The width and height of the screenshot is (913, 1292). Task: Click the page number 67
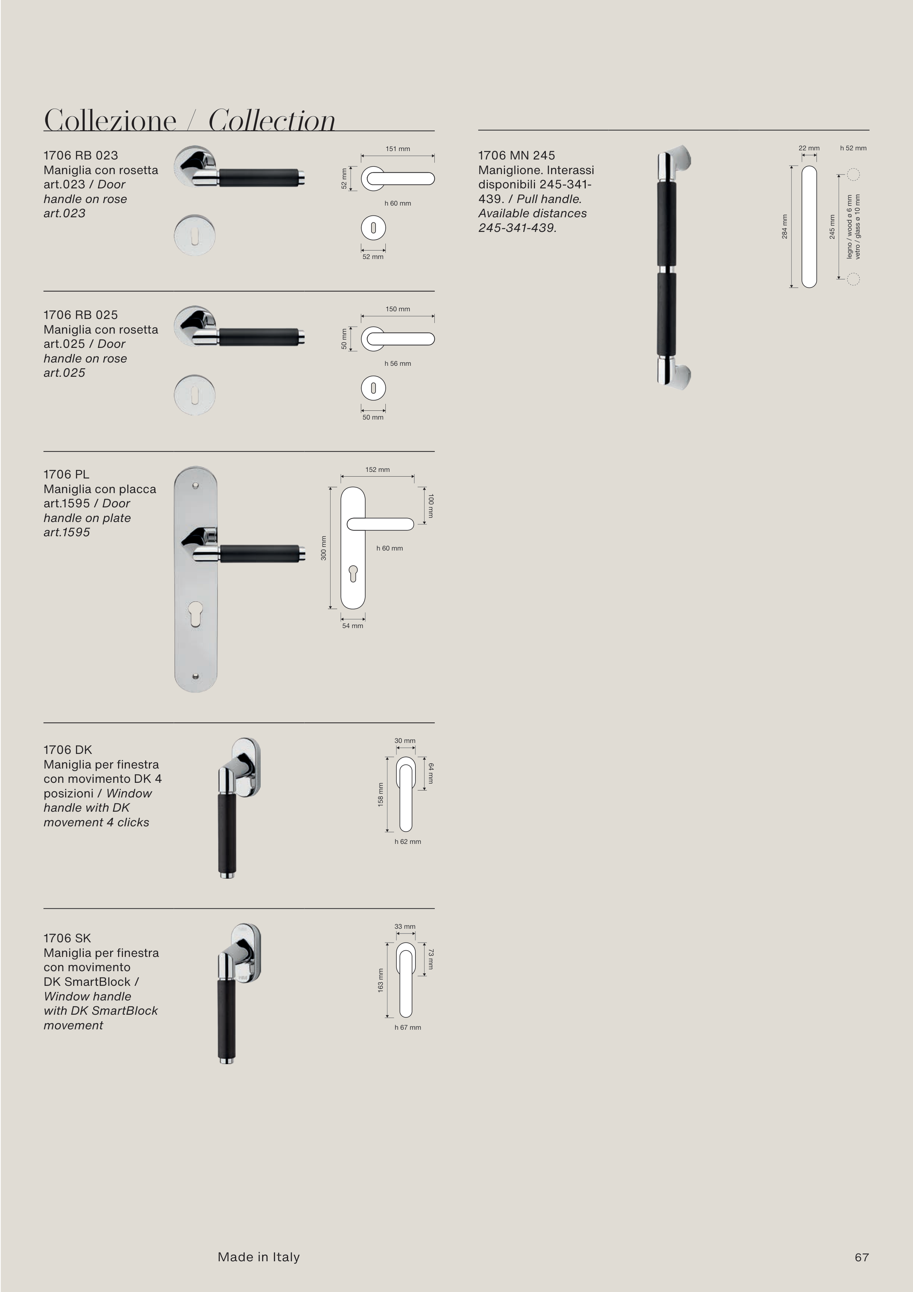[861, 1257]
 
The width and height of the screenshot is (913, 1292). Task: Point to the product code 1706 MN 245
[516, 155]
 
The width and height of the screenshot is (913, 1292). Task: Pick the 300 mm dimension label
[324, 548]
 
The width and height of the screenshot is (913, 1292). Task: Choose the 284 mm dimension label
[785, 226]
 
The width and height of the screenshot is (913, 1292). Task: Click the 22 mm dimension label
[809, 148]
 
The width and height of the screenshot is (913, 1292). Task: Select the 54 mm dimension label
[353, 626]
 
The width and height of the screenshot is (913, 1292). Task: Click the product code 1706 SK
[67, 938]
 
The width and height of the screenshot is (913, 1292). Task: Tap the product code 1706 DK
[68, 750]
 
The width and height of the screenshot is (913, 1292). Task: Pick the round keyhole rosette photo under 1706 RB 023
[195, 234]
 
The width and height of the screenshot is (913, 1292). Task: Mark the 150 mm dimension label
[398, 309]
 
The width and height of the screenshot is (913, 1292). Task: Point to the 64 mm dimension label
[431, 773]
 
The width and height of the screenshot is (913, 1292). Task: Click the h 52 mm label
[853, 148]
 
